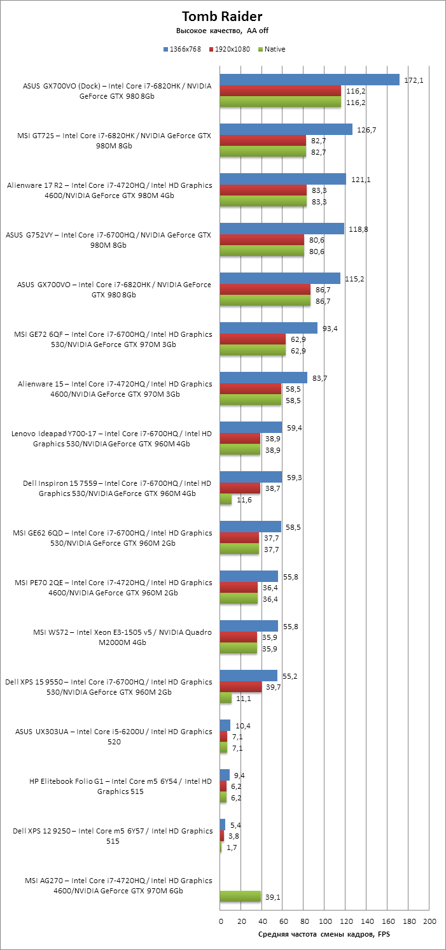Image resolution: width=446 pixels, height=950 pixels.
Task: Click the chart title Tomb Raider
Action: [222, 17]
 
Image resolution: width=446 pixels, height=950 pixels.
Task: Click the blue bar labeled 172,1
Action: [309, 80]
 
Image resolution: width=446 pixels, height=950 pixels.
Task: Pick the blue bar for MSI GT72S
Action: [286, 129]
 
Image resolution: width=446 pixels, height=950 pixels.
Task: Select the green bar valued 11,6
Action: [225, 500]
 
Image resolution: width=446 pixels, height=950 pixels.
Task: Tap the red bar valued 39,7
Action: [240, 686]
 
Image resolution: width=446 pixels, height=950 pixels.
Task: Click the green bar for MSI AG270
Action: [240, 897]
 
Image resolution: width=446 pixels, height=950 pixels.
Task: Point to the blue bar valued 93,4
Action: [268, 328]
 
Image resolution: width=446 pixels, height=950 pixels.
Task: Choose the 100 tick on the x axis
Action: [324, 921]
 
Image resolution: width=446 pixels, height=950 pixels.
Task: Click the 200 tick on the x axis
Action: [429, 921]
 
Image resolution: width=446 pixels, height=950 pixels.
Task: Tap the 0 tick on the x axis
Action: [220, 921]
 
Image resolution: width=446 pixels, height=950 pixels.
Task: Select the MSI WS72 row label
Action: [122, 637]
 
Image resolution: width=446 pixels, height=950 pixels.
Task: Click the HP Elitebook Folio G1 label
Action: [120, 786]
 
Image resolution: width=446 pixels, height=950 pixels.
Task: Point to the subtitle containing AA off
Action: [222, 30]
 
